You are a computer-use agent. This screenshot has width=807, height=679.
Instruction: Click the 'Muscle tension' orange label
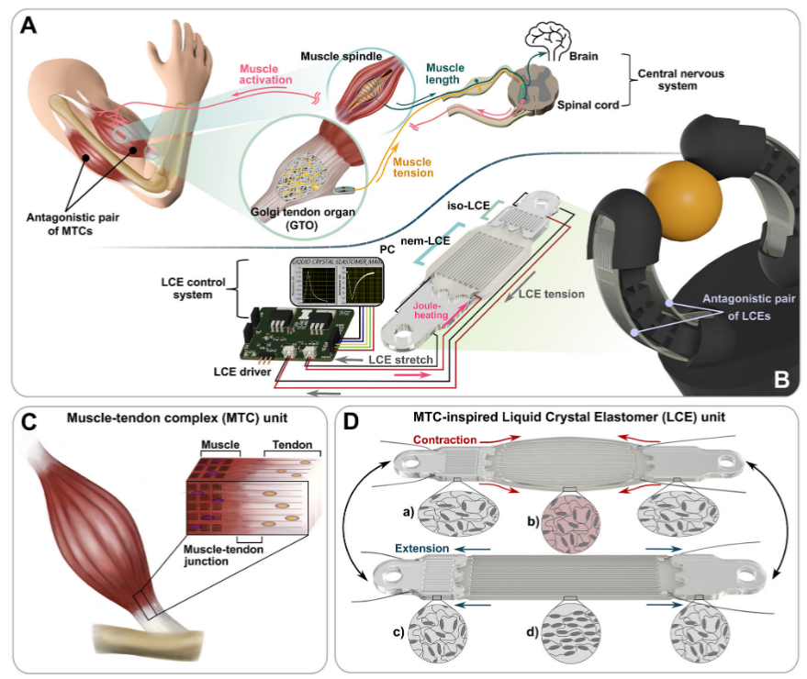(413, 167)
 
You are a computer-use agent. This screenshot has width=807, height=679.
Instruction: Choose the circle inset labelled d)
(570, 632)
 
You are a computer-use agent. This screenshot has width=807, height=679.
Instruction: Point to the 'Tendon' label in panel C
(288, 443)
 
